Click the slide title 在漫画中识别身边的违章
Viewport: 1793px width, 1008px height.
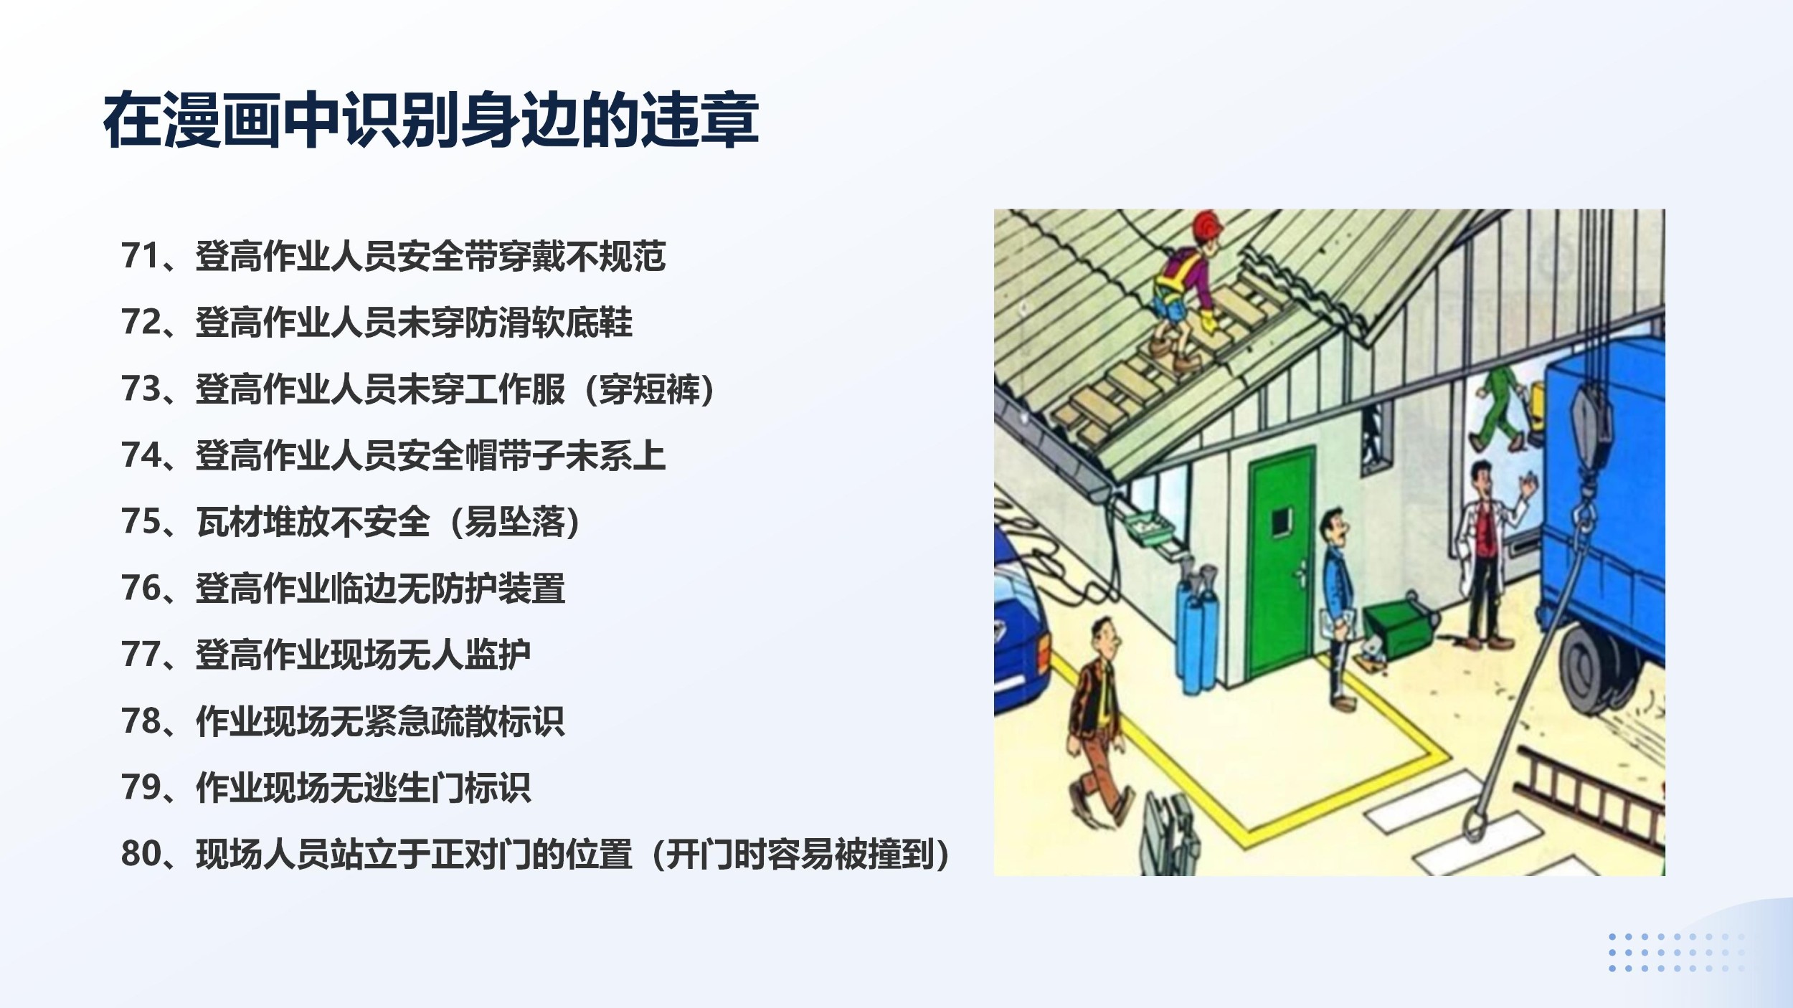click(x=431, y=120)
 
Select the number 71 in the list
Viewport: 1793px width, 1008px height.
click(x=141, y=256)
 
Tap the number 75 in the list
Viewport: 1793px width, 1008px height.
click(x=141, y=522)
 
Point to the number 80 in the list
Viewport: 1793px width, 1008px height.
click(x=141, y=854)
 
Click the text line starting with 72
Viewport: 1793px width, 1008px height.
click(x=377, y=323)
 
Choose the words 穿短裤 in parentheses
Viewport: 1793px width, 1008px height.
click(x=650, y=389)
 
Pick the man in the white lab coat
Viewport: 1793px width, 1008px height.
click(x=1488, y=556)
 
